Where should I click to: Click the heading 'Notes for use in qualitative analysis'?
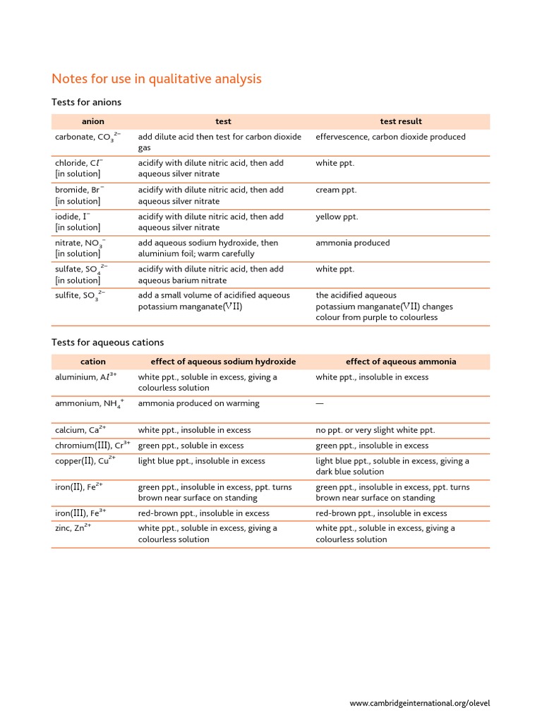(x=157, y=78)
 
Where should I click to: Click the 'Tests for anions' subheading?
(x=86, y=102)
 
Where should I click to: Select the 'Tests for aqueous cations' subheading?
(x=107, y=342)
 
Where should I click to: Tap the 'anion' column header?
(x=92, y=121)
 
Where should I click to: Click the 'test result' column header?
(x=400, y=121)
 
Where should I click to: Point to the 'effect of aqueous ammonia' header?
(x=400, y=361)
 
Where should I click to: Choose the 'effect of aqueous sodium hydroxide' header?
(x=223, y=361)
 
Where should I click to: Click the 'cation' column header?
(x=92, y=361)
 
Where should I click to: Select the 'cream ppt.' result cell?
(x=336, y=190)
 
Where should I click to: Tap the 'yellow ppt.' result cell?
(x=337, y=216)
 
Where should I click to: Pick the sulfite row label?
(x=80, y=296)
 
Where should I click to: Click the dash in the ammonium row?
(x=320, y=403)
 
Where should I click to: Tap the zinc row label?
(x=73, y=528)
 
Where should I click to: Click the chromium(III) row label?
(x=92, y=446)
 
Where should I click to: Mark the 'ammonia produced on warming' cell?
(x=198, y=403)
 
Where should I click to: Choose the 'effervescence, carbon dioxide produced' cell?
(x=390, y=137)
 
